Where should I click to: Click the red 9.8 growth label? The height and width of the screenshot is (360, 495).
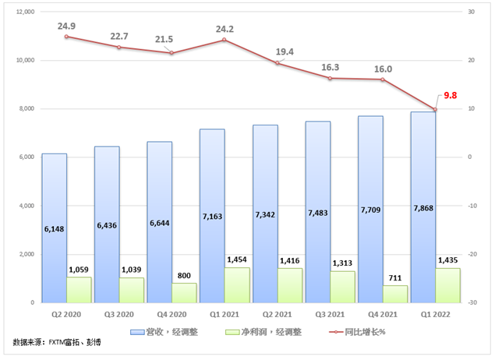tap(451, 95)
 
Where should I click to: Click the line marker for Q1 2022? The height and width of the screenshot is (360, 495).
tap(436, 109)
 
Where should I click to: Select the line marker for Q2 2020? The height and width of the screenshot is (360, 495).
tap(66, 37)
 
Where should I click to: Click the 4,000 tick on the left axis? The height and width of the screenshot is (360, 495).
tap(28, 206)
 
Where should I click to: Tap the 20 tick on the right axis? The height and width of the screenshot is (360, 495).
tap(471, 60)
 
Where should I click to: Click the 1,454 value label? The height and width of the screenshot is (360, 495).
tap(238, 260)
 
